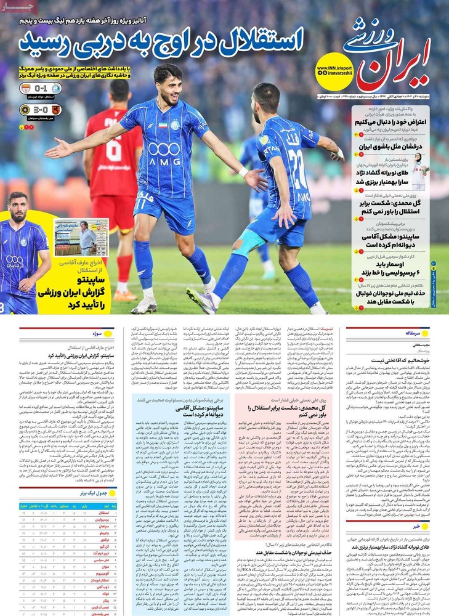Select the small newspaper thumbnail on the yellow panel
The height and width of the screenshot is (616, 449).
tap(81, 237)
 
